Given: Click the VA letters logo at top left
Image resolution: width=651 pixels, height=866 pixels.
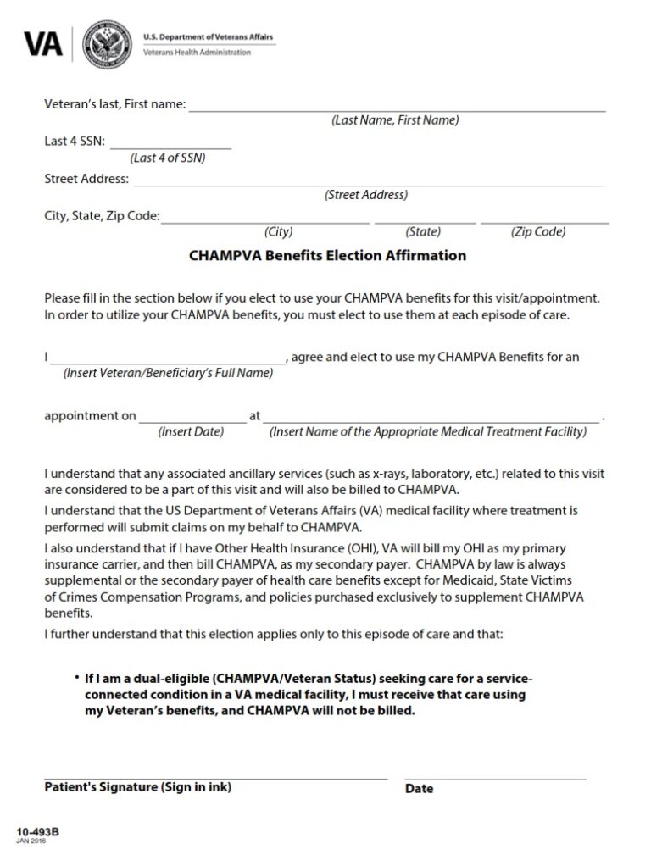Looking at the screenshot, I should pyautogui.click(x=42, y=43).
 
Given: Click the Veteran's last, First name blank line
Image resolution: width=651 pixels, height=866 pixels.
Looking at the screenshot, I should pyautogui.click(x=396, y=109).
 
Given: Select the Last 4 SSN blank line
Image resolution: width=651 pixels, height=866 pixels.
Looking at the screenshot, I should pyautogui.click(x=170, y=147).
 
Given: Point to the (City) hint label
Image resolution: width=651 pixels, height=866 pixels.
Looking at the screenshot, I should pyautogui.click(x=278, y=232).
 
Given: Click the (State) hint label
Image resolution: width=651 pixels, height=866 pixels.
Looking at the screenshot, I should pyautogui.click(x=423, y=232).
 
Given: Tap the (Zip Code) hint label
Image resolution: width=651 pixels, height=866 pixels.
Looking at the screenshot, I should pyautogui.click(x=538, y=232).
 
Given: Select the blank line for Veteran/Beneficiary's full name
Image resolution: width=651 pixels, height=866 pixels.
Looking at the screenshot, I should pyautogui.click(x=168, y=361).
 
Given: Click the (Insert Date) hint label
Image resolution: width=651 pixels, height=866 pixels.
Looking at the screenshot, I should pyautogui.click(x=191, y=432).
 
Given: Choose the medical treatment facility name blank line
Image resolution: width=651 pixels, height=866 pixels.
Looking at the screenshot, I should pyautogui.click(x=430, y=419).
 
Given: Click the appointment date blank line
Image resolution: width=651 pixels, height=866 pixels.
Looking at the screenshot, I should pyautogui.click(x=192, y=419).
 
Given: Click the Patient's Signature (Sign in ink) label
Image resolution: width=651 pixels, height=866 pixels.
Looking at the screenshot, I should pyautogui.click(x=137, y=787).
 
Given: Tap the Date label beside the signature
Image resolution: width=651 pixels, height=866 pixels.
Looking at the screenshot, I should pyautogui.click(x=419, y=789).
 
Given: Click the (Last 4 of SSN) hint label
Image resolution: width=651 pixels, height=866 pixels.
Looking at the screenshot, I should pyautogui.click(x=168, y=158).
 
